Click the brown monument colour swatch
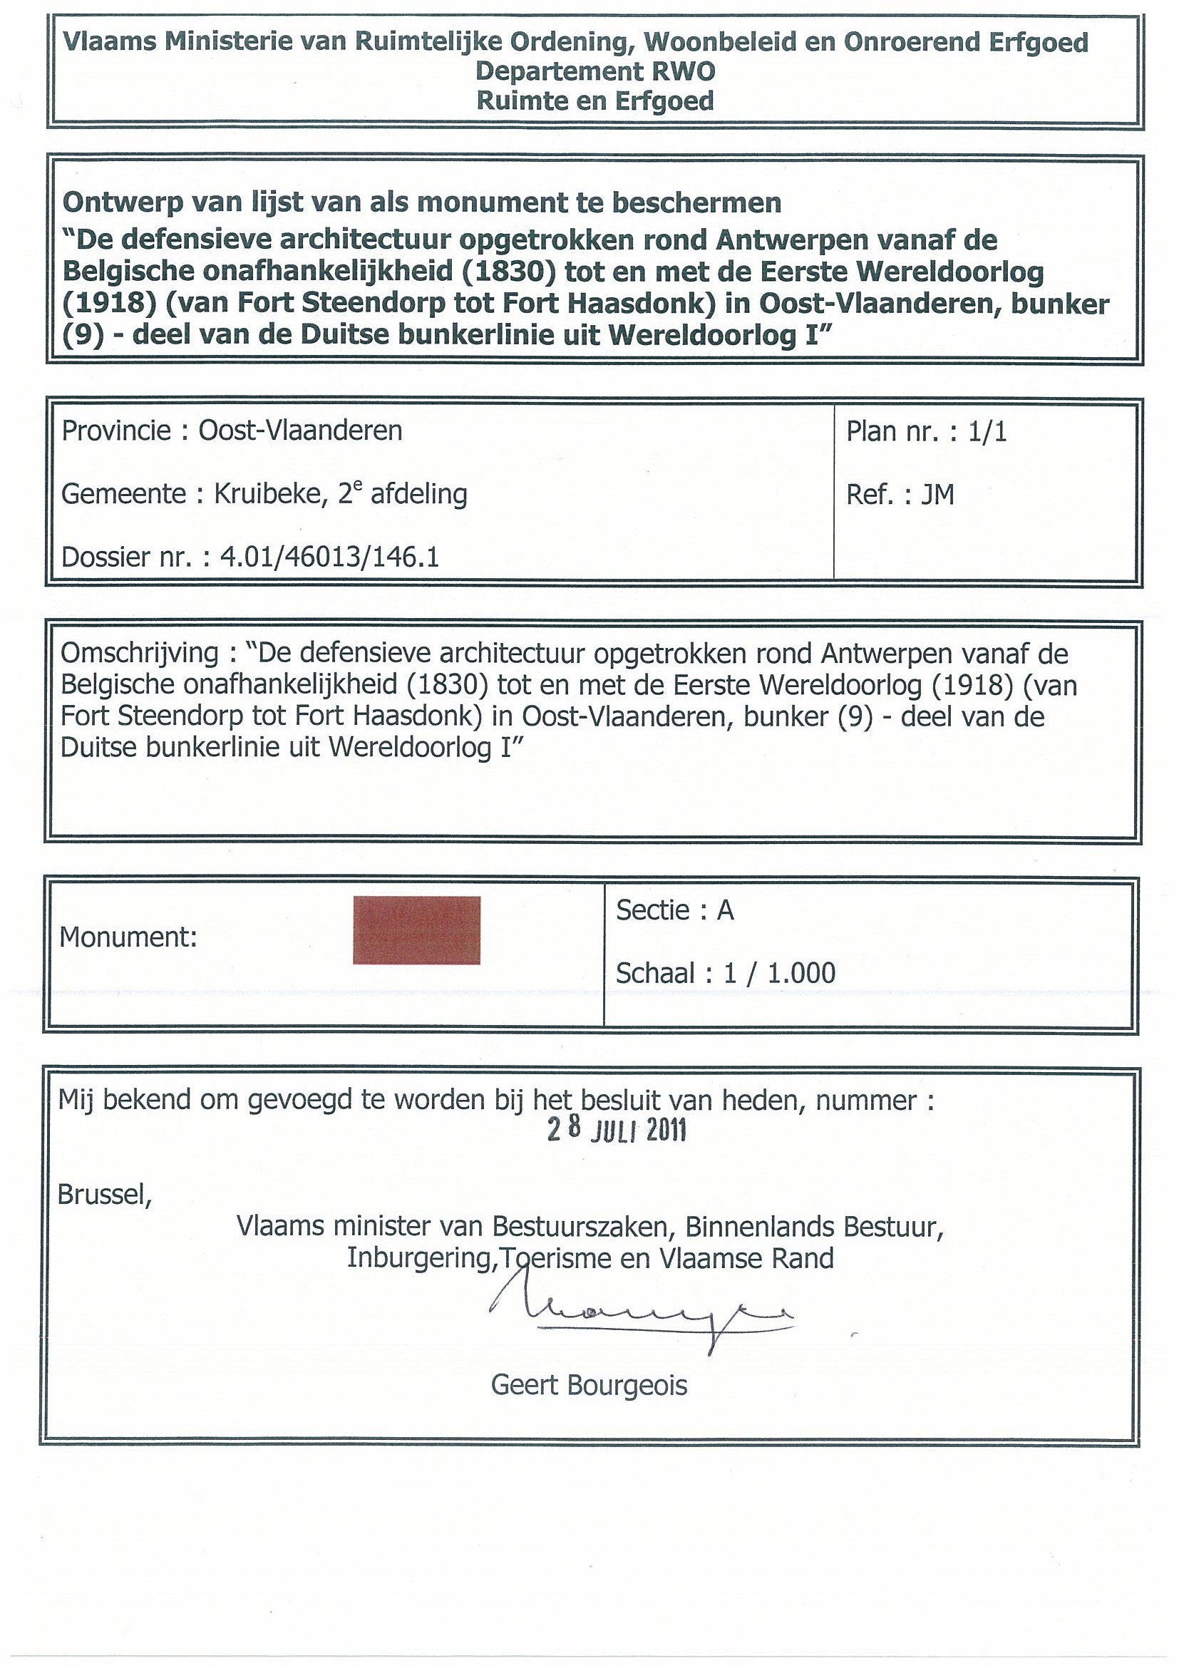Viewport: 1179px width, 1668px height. coord(416,930)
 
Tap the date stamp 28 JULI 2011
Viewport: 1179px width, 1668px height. coord(617,1131)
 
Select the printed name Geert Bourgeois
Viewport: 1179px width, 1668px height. coord(588,1385)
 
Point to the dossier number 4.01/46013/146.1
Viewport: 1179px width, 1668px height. coord(330,557)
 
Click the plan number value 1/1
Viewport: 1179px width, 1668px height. coord(987,431)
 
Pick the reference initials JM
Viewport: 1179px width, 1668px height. coord(937,495)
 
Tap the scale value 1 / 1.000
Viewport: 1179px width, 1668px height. coord(779,973)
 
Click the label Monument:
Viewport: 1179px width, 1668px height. coord(128,937)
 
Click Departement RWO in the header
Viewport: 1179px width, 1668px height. coord(595,71)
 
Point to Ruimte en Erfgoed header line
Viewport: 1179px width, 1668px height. coord(595,101)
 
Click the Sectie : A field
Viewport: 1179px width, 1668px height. coord(675,910)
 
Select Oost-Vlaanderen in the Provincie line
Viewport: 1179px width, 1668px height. coord(300,431)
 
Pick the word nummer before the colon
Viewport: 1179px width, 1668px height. coord(866,1101)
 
